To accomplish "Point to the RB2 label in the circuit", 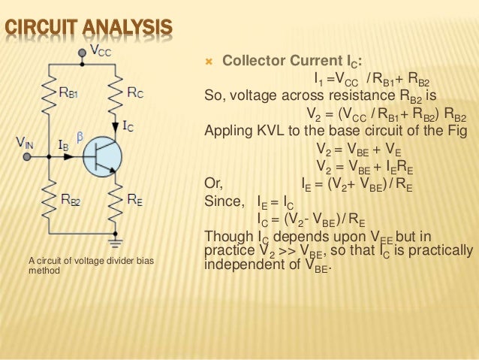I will coord(72,200).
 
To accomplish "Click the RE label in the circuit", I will coord(136,199).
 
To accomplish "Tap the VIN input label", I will coord(25,141).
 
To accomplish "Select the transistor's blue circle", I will coord(101,157).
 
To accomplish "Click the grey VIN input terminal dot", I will coord(27,157).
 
